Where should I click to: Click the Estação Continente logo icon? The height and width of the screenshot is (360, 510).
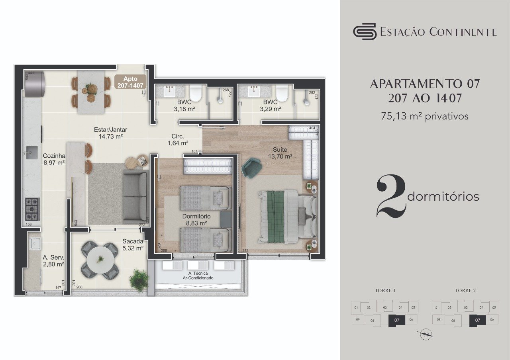click(365, 31)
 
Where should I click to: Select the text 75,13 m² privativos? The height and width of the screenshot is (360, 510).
click(425, 116)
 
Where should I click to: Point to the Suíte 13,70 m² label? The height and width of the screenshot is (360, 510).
click(280, 153)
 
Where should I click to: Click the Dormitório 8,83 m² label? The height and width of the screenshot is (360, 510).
click(196, 220)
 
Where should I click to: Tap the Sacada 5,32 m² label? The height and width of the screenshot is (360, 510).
click(133, 245)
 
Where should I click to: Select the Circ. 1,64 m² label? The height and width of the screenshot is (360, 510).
click(177, 139)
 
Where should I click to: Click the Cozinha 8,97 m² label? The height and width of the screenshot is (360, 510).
click(54, 159)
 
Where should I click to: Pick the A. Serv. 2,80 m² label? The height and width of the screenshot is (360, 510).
click(53, 260)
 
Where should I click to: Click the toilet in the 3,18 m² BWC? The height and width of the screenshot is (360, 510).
click(196, 94)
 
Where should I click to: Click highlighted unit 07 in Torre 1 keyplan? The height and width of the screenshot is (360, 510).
click(396, 320)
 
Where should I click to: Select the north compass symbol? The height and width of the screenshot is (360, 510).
click(426, 335)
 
